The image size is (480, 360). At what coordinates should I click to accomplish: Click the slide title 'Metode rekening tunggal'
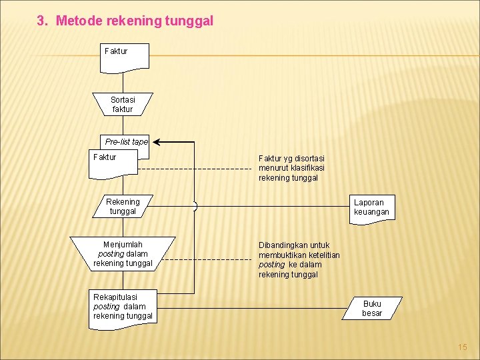[134, 21]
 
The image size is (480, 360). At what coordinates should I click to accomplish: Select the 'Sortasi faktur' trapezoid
[123, 105]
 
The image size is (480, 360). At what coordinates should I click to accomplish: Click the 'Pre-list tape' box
[126, 141]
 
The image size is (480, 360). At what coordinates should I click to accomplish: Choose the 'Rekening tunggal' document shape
[123, 207]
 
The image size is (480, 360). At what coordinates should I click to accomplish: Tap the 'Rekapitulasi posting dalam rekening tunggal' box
[123, 306]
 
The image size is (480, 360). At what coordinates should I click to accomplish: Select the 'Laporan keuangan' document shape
[371, 207]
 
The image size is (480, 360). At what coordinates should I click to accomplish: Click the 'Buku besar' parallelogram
[372, 309]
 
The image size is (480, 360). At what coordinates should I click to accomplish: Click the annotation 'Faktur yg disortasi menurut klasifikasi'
[291, 168]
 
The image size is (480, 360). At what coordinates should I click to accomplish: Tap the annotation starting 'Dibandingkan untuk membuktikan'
[299, 259]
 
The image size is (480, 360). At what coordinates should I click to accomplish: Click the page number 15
[463, 347]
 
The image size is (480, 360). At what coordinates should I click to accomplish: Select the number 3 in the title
[41, 21]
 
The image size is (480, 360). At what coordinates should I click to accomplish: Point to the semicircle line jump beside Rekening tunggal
[195, 207]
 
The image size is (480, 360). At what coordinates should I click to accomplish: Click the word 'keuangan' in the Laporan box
[371, 212]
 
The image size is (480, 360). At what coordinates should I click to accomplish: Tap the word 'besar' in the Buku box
[372, 313]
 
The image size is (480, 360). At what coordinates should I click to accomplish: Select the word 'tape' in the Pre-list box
[140, 141]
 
